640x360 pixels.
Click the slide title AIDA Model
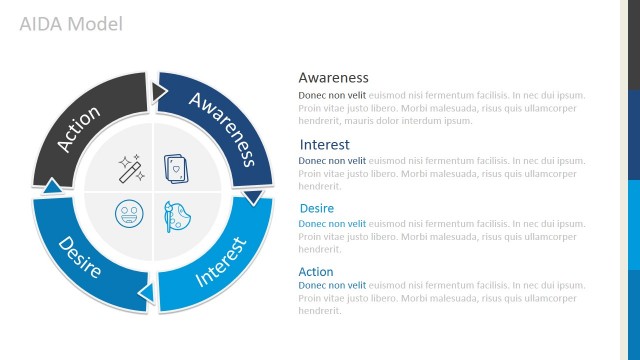(71, 23)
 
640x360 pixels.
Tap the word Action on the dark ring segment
(79, 130)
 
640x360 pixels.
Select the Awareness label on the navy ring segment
(223, 129)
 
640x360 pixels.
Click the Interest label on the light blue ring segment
(221, 262)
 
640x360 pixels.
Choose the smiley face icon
(127, 215)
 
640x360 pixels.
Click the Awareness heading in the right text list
(334, 77)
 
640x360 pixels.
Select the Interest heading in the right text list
(325, 144)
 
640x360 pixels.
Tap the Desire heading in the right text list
(317, 208)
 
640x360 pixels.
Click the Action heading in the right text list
(316, 271)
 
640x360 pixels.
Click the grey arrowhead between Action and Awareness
(159, 93)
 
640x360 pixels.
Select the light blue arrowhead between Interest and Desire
(146, 291)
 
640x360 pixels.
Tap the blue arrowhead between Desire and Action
(53, 185)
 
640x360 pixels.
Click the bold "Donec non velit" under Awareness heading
(332, 95)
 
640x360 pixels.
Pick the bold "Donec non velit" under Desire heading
(333, 223)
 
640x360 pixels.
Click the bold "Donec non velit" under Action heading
(333, 286)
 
